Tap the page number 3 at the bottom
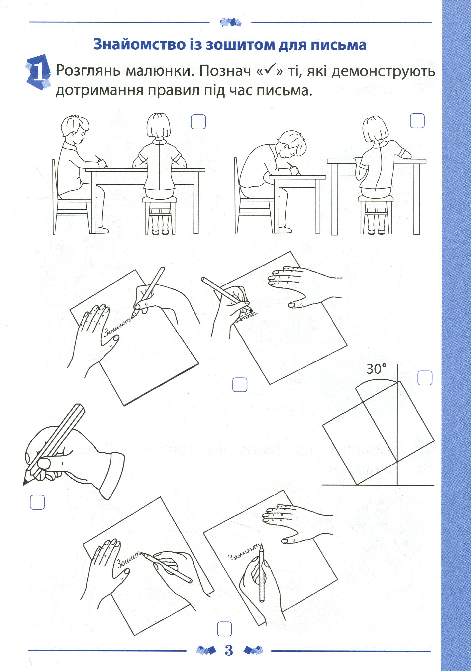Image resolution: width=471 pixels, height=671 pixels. (x=229, y=650)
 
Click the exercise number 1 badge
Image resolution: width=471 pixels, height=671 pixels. (x=38, y=72)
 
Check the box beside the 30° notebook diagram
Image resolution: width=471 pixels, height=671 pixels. (x=425, y=378)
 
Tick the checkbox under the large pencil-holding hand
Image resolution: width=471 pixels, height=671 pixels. (x=37, y=502)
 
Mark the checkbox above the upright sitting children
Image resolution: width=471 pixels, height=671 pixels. (x=198, y=122)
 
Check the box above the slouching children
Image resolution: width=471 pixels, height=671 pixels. (x=417, y=120)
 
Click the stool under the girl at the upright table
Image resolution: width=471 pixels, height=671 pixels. (x=160, y=215)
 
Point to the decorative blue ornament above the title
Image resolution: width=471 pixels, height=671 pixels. (x=230, y=22)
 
